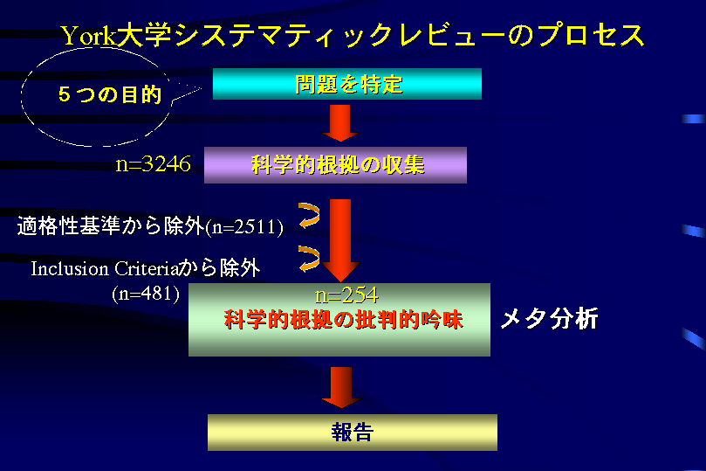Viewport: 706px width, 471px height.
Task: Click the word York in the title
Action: [x=89, y=36]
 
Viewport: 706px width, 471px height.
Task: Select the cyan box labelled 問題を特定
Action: [x=347, y=84]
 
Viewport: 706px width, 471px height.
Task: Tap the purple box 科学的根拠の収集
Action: [x=335, y=165]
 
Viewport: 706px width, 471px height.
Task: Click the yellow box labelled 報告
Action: [x=353, y=433]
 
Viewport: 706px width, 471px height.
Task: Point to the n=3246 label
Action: [x=153, y=164]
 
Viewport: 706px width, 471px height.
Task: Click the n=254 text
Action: [x=346, y=295]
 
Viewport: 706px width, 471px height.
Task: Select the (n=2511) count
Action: [x=244, y=226]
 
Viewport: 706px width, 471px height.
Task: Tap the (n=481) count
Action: [x=146, y=294]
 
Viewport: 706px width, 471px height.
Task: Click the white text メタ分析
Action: [x=549, y=319]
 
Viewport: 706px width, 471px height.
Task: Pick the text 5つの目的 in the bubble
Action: [x=110, y=94]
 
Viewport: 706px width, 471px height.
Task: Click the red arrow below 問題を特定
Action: [x=340, y=123]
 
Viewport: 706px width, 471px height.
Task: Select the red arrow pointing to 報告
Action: [x=341, y=387]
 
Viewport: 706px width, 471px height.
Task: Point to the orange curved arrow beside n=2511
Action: [x=310, y=216]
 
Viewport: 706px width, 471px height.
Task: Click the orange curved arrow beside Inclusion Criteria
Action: [x=310, y=259]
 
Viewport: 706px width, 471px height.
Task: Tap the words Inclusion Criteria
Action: [x=105, y=269]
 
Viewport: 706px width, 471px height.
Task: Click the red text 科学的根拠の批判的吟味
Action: [x=344, y=320]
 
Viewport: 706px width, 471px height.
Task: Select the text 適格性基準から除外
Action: [x=111, y=225]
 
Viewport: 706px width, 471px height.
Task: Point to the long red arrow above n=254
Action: [x=340, y=240]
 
